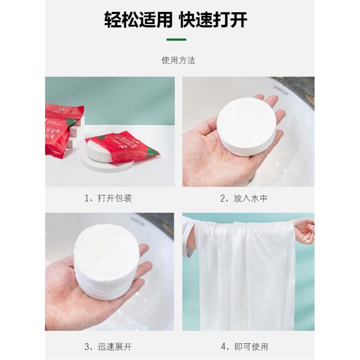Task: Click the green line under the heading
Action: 176,39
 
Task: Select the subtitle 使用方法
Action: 178,60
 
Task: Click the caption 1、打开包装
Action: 108,198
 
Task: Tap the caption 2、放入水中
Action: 244,198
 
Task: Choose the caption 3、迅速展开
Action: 108,347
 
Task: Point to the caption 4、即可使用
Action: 244,347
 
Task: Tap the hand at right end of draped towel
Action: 305,231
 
